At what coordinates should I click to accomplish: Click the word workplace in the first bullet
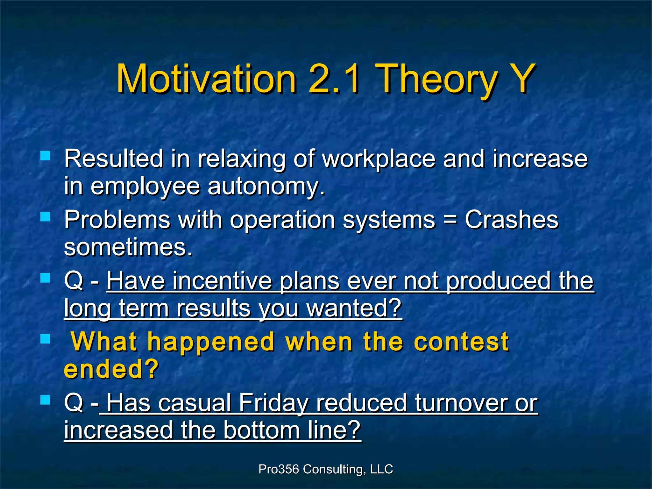click(379, 159)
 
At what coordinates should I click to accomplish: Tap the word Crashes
click(512, 219)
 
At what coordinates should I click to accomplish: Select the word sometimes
click(128, 247)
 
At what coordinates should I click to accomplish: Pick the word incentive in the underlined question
click(223, 281)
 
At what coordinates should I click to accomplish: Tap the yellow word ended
click(111, 369)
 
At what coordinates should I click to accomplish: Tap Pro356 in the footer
click(279, 469)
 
